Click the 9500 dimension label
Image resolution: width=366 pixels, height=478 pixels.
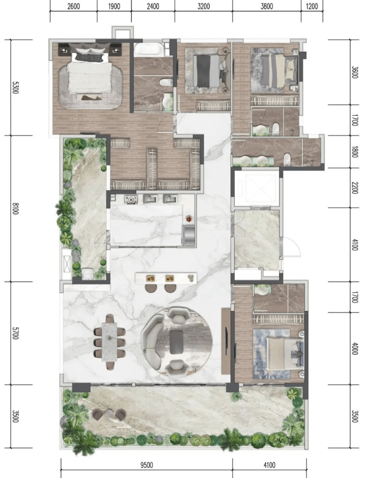(x=146, y=465)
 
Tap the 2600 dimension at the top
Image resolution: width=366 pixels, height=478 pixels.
(x=73, y=7)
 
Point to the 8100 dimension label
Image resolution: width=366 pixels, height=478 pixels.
(x=15, y=208)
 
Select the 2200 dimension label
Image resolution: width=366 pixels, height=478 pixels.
(x=354, y=188)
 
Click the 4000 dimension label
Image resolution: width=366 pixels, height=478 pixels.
(x=354, y=348)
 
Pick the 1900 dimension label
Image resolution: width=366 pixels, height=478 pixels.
(x=114, y=7)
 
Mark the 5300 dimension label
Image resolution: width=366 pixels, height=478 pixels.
(x=15, y=87)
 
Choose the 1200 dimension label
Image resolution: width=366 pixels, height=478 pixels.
(x=311, y=7)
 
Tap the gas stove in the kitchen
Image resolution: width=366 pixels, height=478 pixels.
(x=131, y=199)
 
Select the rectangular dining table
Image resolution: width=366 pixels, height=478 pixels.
(x=109, y=342)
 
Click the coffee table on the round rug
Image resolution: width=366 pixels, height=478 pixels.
(x=176, y=342)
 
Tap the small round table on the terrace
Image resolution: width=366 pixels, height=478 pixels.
(x=109, y=414)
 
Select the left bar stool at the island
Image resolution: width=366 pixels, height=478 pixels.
(x=151, y=288)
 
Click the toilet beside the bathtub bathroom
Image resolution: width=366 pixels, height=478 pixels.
(x=166, y=82)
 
